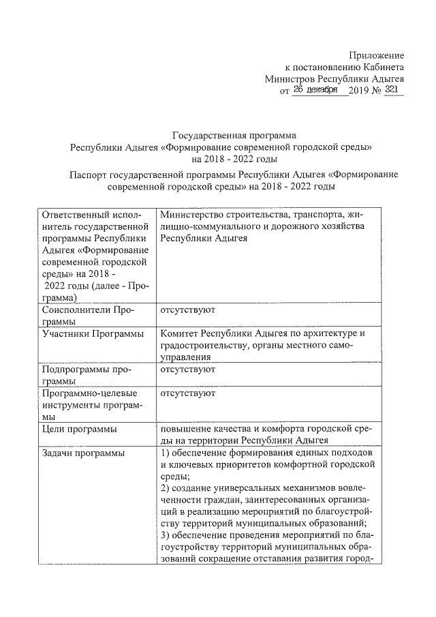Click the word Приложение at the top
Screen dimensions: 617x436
[x=377, y=55]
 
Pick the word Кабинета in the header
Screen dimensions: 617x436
[x=384, y=67]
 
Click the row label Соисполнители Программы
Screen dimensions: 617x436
[x=87, y=316]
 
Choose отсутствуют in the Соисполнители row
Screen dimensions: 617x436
[x=188, y=310]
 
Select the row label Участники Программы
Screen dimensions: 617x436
[x=93, y=333]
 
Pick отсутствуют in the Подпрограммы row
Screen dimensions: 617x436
[x=188, y=369]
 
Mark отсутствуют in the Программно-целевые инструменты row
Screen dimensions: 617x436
[x=188, y=393]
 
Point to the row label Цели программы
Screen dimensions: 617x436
[x=78, y=429]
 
